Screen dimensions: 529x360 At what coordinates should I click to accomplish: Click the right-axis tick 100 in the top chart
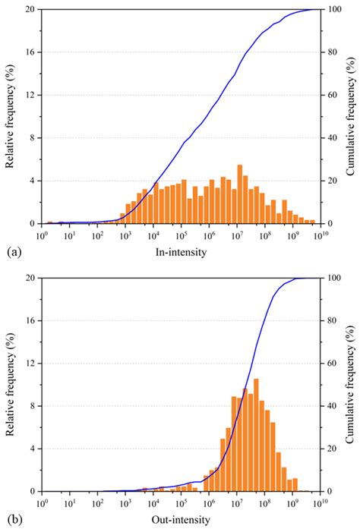click(x=332, y=10)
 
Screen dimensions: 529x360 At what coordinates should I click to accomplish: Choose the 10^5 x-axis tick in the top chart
click(x=181, y=235)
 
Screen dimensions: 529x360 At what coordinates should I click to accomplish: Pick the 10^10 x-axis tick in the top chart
click(x=319, y=235)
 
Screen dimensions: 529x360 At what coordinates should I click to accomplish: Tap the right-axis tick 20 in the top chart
click(x=330, y=181)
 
